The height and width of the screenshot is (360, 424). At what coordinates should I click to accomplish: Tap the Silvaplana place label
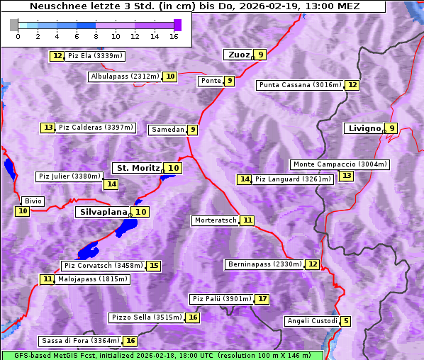click(103, 211)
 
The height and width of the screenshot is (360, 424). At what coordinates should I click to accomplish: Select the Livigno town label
click(364, 128)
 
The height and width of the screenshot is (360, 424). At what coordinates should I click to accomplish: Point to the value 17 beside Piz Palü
click(262, 299)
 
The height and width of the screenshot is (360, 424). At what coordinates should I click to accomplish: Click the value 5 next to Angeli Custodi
click(345, 321)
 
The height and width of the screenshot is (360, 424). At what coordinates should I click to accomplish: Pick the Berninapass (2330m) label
click(265, 264)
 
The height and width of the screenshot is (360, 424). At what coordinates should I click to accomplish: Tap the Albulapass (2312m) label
click(125, 77)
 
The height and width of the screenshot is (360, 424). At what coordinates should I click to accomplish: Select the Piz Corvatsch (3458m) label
click(103, 266)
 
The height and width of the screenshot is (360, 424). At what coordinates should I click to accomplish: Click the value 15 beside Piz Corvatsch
click(153, 266)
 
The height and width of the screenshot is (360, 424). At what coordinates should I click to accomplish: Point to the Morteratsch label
click(216, 220)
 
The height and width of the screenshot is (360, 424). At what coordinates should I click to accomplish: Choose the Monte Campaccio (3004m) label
click(340, 164)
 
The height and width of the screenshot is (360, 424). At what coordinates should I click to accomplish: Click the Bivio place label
click(33, 201)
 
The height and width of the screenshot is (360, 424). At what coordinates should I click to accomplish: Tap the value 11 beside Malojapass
click(47, 279)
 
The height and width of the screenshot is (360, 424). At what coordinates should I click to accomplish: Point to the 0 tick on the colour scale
click(18, 35)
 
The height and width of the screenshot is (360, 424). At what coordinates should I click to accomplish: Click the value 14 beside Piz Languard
click(245, 179)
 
